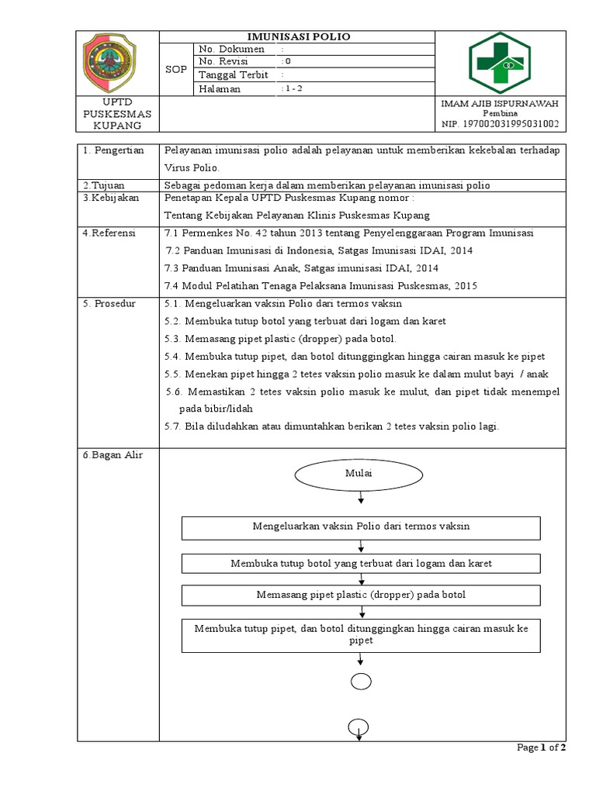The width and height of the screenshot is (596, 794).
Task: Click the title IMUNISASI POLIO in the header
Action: click(297, 36)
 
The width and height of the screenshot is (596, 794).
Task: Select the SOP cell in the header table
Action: click(176, 69)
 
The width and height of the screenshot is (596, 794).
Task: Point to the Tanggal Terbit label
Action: click(233, 75)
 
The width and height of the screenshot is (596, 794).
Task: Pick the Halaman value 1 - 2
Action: click(293, 89)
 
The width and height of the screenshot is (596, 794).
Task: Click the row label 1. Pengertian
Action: click(113, 150)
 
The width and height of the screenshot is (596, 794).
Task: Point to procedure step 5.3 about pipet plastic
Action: click(281, 339)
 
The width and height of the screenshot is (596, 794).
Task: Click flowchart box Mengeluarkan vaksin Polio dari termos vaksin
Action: click(361, 526)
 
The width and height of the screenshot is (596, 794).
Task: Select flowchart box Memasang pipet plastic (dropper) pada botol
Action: click(361, 595)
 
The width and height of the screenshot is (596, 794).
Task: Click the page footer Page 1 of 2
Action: click(541, 747)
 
